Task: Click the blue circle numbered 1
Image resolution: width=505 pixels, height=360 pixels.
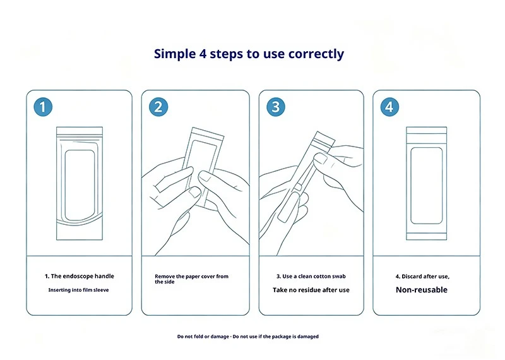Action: pyautogui.click(x=43, y=107)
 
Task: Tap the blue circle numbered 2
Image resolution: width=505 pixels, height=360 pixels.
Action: pyautogui.click(x=158, y=107)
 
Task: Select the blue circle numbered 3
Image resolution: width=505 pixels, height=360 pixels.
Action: pyautogui.click(x=276, y=107)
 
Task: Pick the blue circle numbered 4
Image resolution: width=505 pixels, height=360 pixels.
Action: pyautogui.click(x=389, y=107)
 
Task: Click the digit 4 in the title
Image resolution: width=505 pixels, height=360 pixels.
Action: pyautogui.click(x=203, y=54)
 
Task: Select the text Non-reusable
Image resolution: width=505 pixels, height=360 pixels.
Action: pyautogui.click(x=422, y=290)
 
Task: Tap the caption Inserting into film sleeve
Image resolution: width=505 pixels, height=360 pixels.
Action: pyautogui.click(x=78, y=290)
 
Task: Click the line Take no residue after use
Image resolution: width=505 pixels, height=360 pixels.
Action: pyautogui.click(x=311, y=290)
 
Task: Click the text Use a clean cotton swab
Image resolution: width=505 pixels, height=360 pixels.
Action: pyautogui.click(x=314, y=276)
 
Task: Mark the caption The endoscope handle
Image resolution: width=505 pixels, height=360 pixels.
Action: pyautogui.click(x=83, y=276)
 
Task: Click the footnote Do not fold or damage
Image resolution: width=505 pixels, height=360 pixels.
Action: pyautogui.click(x=203, y=337)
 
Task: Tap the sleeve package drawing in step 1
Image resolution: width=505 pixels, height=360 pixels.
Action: pyautogui.click(x=80, y=183)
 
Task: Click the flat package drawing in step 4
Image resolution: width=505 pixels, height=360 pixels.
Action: pyautogui.click(x=427, y=183)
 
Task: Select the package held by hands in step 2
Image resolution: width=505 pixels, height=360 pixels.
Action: pyautogui.click(x=202, y=167)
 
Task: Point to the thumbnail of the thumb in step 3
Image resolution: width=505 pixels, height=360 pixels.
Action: pyautogui.click(x=320, y=159)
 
